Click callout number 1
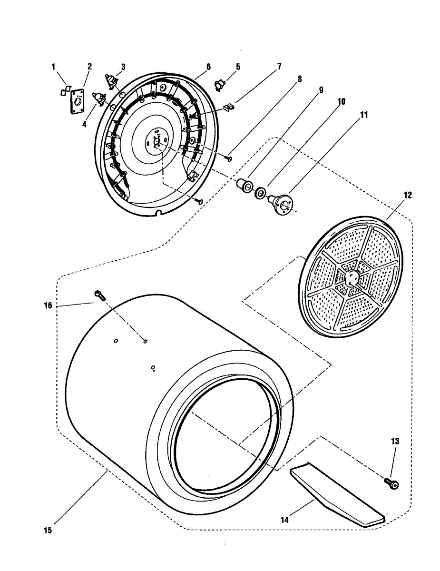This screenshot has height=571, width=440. click(54, 67)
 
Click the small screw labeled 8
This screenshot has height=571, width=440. click(229, 158)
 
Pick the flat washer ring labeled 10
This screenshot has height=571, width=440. click(260, 193)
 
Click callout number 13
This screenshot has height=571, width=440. click(395, 442)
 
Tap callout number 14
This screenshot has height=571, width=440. click(284, 520)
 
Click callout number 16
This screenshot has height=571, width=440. click(48, 305)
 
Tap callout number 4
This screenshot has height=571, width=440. click(84, 124)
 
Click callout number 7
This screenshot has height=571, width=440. click(279, 67)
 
